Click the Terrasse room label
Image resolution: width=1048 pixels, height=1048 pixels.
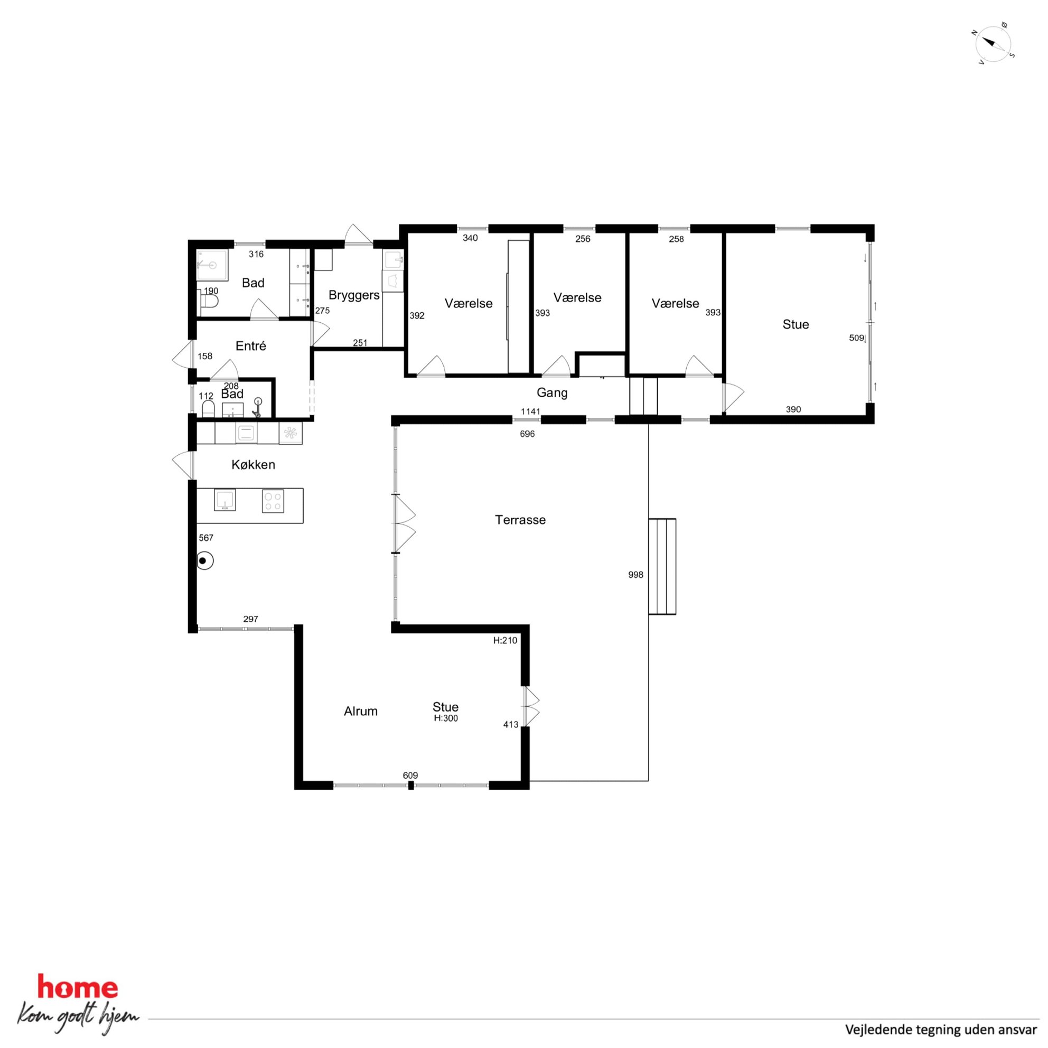tap(520, 520)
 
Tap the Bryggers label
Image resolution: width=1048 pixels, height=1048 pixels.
tap(354, 296)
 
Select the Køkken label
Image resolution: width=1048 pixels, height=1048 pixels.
tap(254, 464)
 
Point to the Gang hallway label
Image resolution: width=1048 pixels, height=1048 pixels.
tap(551, 392)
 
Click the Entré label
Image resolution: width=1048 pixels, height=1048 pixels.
tap(250, 345)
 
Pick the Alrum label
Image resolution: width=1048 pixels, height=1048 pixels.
tap(360, 711)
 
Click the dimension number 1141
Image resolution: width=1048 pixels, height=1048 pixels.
tap(530, 411)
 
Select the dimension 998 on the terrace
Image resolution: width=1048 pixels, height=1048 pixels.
tap(635, 575)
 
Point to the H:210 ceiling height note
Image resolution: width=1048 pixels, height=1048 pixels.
tap(505, 641)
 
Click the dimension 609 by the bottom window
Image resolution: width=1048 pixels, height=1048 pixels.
tap(410, 775)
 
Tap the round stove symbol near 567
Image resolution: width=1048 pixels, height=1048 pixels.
tap(204, 561)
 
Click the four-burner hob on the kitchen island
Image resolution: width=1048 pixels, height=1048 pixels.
tap(273, 501)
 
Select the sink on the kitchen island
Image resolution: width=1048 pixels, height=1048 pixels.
tap(224, 500)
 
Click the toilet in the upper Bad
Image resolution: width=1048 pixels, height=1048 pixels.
tap(208, 301)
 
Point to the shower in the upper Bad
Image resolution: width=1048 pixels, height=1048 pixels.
tap(211, 265)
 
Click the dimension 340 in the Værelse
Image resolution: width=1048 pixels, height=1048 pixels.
tap(470, 238)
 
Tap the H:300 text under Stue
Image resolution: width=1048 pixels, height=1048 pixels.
tap(445, 718)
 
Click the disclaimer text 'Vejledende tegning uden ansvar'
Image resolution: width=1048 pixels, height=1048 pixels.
tap(941, 1029)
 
